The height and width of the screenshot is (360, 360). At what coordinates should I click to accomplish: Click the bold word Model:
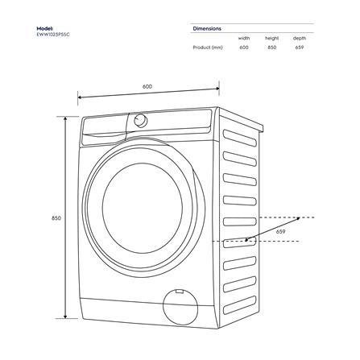click(44, 28)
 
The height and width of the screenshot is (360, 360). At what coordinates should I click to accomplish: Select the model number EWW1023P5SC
click(50, 35)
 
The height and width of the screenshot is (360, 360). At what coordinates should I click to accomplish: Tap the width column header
click(243, 38)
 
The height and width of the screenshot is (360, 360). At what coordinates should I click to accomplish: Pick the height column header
click(271, 38)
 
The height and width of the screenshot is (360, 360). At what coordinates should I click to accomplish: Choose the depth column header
click(299, 38)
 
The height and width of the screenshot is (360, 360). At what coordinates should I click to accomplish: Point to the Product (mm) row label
click(208, 48)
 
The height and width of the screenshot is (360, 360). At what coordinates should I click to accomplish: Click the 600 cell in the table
click(243, 48)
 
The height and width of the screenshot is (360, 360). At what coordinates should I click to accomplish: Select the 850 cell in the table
click(271, 48)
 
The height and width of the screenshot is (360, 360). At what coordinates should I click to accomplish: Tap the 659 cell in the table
click(299, 48)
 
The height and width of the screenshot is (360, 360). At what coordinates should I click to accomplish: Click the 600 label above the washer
click(147, 86)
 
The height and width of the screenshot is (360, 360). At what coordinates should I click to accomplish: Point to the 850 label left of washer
click(56, 218)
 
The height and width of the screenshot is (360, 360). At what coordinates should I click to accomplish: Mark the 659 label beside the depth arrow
click(280, 232)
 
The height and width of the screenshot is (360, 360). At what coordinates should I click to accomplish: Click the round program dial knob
click(140, 120)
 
